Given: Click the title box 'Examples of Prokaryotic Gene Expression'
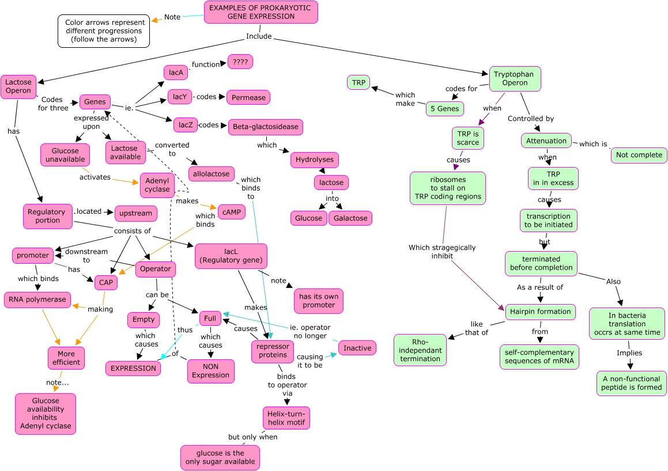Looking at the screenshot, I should tap(261, 12).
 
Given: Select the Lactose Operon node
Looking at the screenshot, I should tap(18, 86).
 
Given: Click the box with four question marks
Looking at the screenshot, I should tap(240, 62).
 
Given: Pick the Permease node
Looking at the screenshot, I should tap(248, 97).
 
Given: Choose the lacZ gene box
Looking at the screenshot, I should tap(186, 124).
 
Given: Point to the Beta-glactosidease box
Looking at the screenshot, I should tap(266, 127).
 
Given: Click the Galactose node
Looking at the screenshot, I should tap(350, 218).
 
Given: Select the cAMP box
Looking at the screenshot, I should tap(231, 212).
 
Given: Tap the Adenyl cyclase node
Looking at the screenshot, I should tap(157, 185).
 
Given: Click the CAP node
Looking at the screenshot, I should tap(106, 282).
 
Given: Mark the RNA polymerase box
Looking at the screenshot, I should tap(38, 299).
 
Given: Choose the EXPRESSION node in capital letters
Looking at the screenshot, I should tap(133, 369).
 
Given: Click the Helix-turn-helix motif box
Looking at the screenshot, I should tap(286, 418).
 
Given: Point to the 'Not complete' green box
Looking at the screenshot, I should tap(639, 155).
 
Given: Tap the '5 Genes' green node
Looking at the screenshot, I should tap(445, 108).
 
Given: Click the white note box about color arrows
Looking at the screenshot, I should tap(104, 31).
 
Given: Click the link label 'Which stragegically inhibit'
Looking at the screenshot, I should tap(442, 252).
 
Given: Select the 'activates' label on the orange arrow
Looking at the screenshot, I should tap(95, 177).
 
